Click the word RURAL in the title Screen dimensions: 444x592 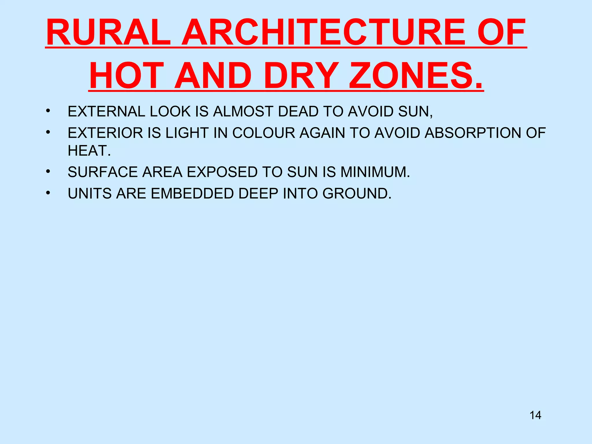coord(108,32)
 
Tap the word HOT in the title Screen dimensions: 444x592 coord(127,76)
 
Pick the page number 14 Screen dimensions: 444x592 coord(535,415)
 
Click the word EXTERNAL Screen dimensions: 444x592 coord(106,112)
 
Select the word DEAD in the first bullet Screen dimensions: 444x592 coord(298,112)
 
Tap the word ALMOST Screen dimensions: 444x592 coord(243,112)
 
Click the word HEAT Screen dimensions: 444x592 coord(89,151)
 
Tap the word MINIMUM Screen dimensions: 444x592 coord(375,172)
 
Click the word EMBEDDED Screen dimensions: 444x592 coord(192,194)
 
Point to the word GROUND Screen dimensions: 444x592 coord(356,194)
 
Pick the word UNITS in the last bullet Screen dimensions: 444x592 coord(90,194)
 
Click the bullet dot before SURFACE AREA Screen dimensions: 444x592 coord(48,172)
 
